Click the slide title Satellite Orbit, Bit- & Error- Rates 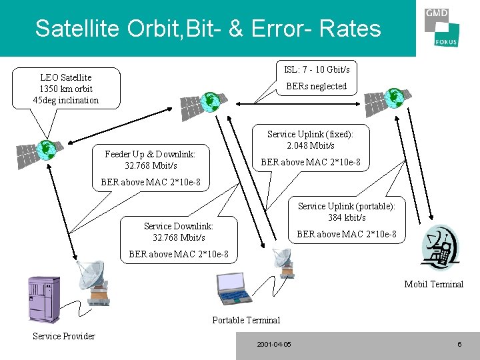click(208, 29)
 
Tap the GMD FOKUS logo click(441, 29)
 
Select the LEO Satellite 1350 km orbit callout click(66, 89)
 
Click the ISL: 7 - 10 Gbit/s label click(317, 69)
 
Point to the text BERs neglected click(317, 86)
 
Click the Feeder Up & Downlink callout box click(150, 159)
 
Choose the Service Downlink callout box click(179, 231)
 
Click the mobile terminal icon click(439, 249)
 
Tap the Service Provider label click(64, 336)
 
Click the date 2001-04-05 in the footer click(274, 344)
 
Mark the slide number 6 click(459, 344)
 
